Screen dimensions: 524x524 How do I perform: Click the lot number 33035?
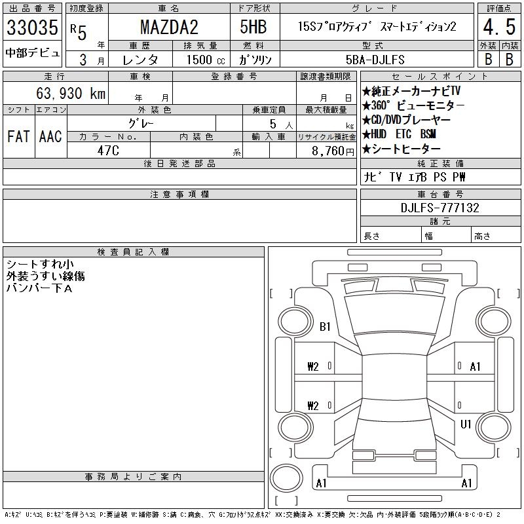click(x=32, y=27)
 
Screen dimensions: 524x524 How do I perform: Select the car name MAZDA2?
click(x=169, y=27)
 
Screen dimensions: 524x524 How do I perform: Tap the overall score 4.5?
click(x=499, y=27)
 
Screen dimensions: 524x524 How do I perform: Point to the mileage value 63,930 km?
click(x=71, y=93)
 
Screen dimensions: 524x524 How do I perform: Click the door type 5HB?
click(x=253, y=27)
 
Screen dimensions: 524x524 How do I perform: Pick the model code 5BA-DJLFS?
click(x=375, y=60)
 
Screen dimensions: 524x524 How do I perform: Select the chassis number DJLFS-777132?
click(x=440, y=208)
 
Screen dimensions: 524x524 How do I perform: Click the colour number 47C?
click(x=108, y=151)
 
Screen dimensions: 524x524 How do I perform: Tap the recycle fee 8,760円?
click(x=333, y=151)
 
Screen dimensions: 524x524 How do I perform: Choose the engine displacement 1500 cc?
click(x=206, y=60)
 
